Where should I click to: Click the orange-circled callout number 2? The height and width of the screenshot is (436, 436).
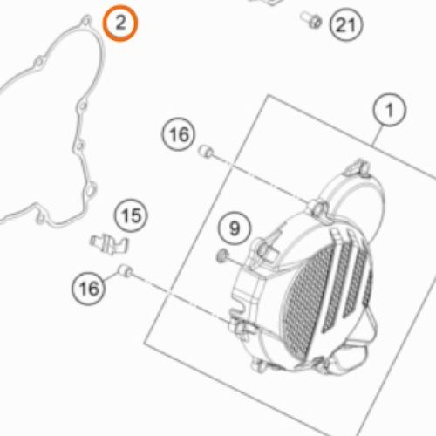coord(120,24)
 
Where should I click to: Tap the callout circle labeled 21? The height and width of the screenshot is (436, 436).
coord(346,25)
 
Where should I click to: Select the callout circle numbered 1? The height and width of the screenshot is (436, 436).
coord(390,110)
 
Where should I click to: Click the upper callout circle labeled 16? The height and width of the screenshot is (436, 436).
coord(179,134)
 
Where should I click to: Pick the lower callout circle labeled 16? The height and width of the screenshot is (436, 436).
coord(89,288)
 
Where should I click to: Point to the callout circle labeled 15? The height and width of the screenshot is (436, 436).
coord(131,215)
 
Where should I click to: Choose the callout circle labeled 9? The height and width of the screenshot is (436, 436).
coord(235,228)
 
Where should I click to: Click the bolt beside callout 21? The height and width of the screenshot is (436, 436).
coord(311,19)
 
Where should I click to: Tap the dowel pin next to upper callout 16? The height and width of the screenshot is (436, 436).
coord(206,151)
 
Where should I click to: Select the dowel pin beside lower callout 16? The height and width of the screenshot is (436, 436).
coord(126,270)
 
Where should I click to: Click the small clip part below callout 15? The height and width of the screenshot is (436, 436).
coord(109,243)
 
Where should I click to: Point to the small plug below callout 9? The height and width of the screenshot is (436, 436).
coord(222,255)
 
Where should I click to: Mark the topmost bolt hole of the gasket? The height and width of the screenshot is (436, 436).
coord(86,21)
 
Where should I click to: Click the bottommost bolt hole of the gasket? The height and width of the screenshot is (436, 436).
coord(41,219)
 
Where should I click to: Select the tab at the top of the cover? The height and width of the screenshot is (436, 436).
coord(358,167)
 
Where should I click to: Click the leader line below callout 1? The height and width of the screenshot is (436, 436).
coord(379,136)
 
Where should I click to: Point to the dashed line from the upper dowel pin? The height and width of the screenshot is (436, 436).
coord(260,178)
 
